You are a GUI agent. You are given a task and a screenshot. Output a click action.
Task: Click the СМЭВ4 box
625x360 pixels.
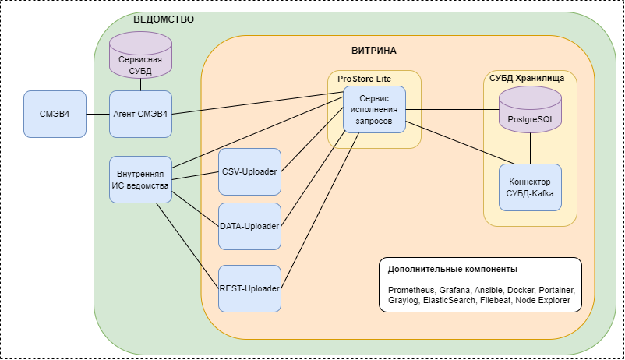(x=55, y=114)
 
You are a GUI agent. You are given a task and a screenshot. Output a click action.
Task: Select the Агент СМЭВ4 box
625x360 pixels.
(x=140, y=114)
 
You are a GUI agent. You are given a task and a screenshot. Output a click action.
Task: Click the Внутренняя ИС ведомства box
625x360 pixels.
(x=140, y=180)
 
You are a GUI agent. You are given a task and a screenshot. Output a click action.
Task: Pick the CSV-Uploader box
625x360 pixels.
(x=249, y=171)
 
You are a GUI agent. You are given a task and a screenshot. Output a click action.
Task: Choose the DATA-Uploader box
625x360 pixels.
(x=249, y=226)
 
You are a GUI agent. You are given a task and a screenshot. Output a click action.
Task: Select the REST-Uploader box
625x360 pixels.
(x=249, y=288)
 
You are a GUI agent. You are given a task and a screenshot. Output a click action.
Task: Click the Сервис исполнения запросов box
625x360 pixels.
(x=374, y=109)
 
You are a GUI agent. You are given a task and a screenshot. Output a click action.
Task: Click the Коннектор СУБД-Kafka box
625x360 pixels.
(x=530, y=187)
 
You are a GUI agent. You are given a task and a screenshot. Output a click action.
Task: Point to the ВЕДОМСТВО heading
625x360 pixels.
(x=164, y=19)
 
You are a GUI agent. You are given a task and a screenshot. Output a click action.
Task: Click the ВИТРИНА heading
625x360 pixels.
(x=374, y=51)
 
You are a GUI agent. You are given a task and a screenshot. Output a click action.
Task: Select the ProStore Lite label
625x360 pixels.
(x=364, y=78)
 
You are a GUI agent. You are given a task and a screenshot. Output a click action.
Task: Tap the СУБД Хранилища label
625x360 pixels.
(x=532, y=78)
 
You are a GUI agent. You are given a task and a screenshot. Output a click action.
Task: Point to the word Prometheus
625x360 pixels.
(x=410, y=289)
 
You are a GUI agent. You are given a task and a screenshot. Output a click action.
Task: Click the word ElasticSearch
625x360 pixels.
(x=449, y=300)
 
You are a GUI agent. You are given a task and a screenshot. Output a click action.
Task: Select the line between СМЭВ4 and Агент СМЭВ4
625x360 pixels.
(x=97, y=115)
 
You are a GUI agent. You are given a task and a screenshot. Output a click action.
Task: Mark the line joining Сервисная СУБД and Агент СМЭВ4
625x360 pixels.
(x=140, y=84)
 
